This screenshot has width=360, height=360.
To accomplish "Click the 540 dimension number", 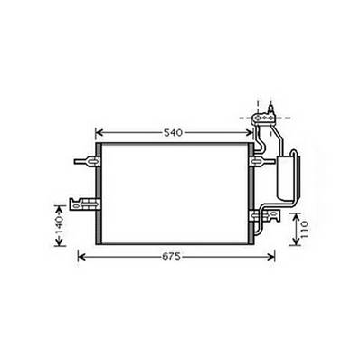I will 174,133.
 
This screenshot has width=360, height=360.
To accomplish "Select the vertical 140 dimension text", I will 58,221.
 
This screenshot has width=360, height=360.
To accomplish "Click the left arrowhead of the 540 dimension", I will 100,133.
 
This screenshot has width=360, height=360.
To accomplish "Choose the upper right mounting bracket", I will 257,162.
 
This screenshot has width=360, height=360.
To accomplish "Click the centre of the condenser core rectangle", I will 174,193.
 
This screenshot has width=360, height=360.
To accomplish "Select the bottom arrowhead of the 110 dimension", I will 292,242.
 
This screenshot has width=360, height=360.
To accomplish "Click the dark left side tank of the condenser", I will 97,193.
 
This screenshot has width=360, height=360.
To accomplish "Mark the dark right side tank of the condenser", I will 249,193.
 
